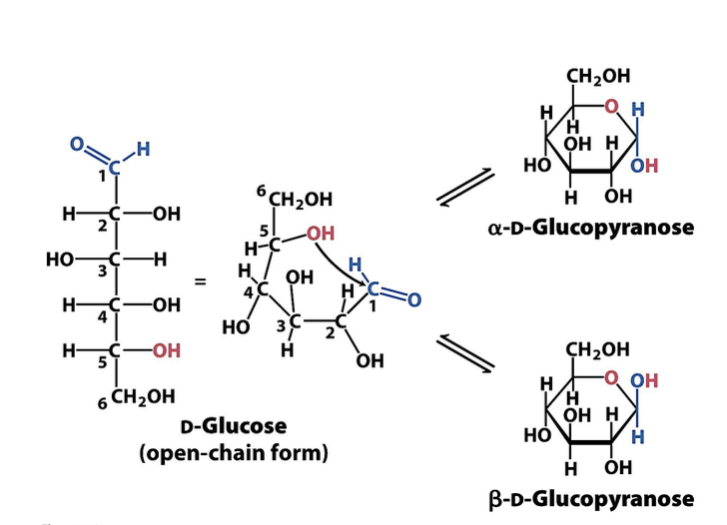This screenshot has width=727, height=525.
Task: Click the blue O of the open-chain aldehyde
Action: pyautogui.click(x=77, y=144)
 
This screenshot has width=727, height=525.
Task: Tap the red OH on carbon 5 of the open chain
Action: pyautogui.click(x=166, y=350)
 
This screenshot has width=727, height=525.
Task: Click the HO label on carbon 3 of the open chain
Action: pyautogui.click(x=61, y=260)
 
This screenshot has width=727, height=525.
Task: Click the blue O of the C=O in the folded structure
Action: pyautogui.click(x=414, y=299)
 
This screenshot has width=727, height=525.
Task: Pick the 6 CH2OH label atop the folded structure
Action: pyautogui.click(x=295, y=199)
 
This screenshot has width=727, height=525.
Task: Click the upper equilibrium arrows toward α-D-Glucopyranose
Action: pyautogui.click(x=466, y=189)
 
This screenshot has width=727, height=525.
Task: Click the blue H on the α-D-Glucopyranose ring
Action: pyautogui.click(x=638, y=109)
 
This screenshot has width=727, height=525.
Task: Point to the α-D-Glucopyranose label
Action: pyautogui.click(x=590, y=227)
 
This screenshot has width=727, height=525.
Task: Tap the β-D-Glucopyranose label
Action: pyautogui.click(x=590, y=497)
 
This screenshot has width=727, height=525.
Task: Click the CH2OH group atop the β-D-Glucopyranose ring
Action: pyautogui.click(x=597, y=349)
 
